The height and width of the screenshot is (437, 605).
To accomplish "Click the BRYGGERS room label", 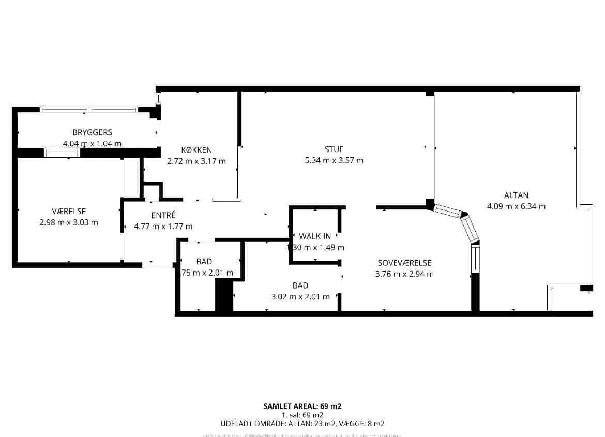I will [92, 133].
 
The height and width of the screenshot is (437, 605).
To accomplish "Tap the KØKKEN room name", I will [196, 150].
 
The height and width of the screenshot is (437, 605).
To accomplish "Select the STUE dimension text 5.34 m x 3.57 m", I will [334, 160].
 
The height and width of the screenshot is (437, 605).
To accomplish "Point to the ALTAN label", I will [516, 195].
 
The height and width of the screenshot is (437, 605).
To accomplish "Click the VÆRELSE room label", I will [69, 212].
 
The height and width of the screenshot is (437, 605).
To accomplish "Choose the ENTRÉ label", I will [163, 215].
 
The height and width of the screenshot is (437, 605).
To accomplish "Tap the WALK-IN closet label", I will [315, 237].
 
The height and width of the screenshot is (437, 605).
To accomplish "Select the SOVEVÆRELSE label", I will [404, 263].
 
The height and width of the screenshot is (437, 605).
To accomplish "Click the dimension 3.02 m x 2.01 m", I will [300, 297].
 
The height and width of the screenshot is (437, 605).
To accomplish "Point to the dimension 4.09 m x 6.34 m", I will [516, 206].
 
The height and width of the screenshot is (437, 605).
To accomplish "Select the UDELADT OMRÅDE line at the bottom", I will [303, 424].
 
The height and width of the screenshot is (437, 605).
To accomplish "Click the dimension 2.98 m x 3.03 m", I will [69, 223].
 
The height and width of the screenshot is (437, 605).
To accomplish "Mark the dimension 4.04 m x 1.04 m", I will [92, 144].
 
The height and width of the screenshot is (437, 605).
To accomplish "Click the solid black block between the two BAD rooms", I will [223, 295].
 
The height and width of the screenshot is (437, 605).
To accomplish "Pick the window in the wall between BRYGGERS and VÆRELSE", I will [62, 153].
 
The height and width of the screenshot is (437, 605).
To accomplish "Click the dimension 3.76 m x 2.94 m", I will [404, 274].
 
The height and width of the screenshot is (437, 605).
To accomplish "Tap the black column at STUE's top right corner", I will [430, 93].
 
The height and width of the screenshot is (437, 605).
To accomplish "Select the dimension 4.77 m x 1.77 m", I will [163, 227].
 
